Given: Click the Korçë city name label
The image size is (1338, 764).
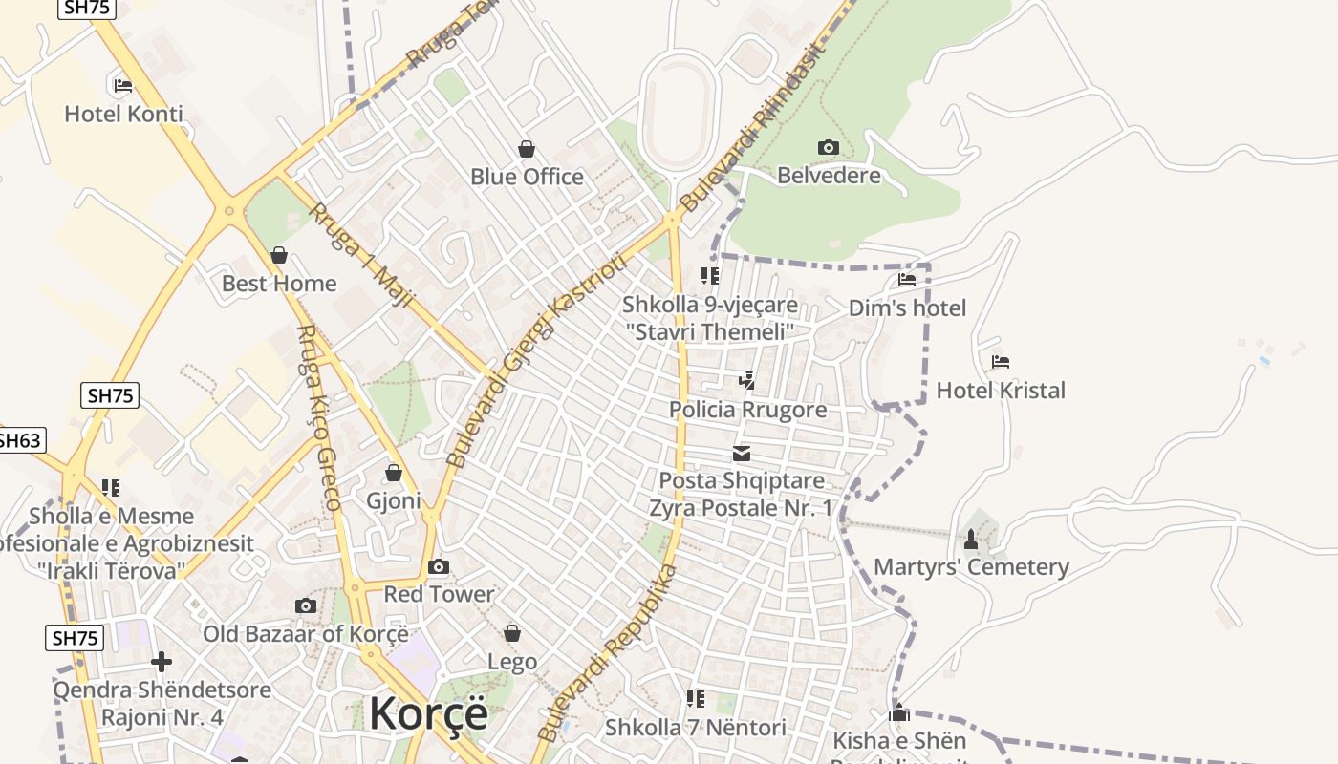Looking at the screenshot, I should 428,713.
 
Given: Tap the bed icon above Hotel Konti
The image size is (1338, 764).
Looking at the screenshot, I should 122,85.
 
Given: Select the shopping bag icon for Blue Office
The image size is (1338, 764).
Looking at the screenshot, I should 526,148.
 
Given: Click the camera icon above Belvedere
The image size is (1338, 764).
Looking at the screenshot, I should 828,147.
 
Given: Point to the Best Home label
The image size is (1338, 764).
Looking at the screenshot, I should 279,284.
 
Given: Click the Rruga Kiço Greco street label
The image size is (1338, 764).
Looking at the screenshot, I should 319,417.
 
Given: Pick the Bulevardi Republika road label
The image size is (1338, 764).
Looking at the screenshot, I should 608,652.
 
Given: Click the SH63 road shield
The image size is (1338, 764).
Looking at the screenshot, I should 19,440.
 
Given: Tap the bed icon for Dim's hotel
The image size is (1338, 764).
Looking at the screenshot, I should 907,280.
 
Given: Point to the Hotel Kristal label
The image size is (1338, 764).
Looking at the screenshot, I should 1001,390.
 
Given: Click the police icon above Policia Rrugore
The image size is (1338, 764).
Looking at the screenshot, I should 747,381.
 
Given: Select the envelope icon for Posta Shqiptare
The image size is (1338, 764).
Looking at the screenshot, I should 742,453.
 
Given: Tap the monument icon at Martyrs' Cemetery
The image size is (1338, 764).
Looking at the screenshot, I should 971,540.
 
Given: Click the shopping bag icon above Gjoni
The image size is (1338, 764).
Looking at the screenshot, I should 393,473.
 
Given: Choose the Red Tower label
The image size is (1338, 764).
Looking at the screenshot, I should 440,594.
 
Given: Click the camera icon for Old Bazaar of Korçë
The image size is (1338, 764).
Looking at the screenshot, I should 306,605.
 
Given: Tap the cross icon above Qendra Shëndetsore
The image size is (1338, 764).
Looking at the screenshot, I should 162,661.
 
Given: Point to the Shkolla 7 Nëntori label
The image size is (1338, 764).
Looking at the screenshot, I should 696,728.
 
